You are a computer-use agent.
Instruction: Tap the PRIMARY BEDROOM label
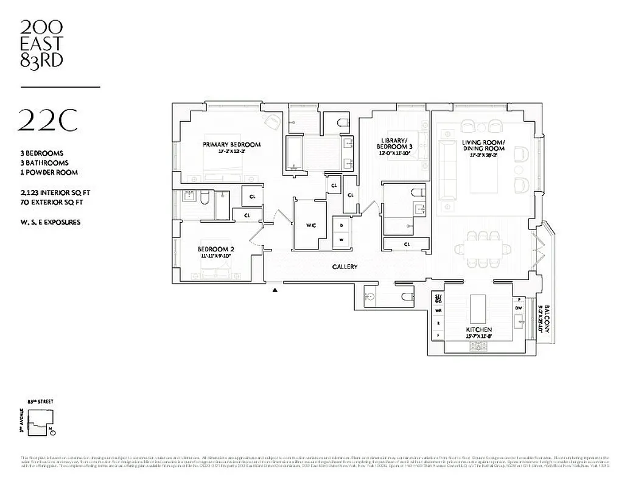231,144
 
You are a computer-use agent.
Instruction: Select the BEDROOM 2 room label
215,249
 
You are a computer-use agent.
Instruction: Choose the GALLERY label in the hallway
345,267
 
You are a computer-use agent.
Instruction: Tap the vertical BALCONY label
547,318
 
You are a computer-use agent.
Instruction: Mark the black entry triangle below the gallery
276,290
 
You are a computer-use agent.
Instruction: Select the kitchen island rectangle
477,309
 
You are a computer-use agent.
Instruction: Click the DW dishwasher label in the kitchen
519,309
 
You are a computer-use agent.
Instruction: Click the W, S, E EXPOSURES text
50,222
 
